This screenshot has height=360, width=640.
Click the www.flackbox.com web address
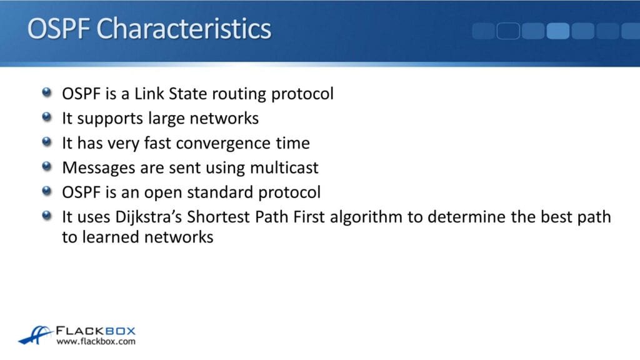point(96,342)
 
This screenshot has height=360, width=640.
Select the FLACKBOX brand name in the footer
point(96,331)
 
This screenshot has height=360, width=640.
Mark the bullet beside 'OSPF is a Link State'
point(47,92)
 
